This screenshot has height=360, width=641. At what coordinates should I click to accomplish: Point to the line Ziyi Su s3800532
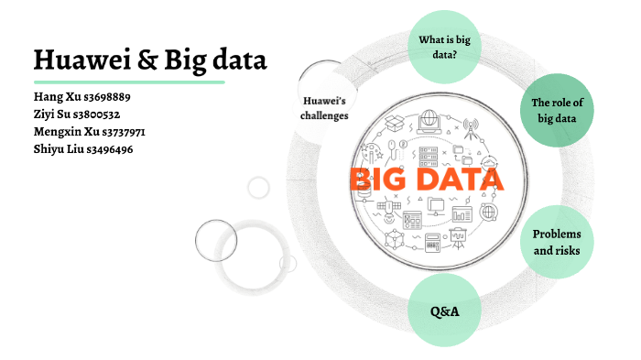tap(77, 115)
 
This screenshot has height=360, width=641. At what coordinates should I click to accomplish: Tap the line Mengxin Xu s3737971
tap(89, 132)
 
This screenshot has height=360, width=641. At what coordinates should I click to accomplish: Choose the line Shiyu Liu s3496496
tap(83, 148)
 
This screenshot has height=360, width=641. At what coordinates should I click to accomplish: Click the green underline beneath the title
tap(128, 82)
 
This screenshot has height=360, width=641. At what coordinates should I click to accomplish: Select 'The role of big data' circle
tap(558, 110)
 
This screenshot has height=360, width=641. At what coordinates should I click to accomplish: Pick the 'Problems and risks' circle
tap(557, 242)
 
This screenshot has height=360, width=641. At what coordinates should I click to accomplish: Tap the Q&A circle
tap(444, 311)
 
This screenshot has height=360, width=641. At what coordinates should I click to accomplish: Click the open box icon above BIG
tap(395, 124)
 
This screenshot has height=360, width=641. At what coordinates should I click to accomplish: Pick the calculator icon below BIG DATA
tap(430, 243)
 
